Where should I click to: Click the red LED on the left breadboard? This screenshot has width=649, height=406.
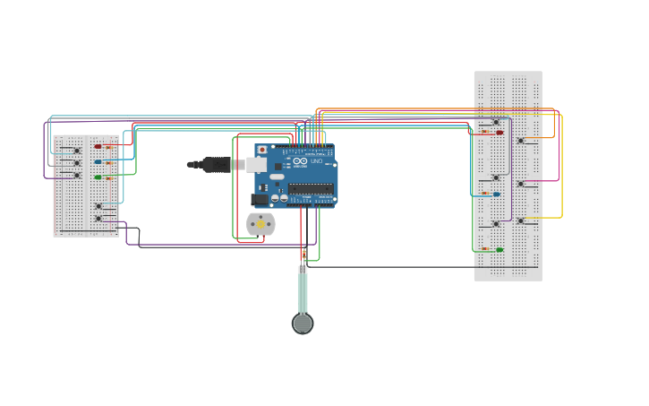click(98, 146)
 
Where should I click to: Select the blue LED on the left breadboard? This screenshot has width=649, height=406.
click(98, 162)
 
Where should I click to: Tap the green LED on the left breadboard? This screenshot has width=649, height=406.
click(98, 177)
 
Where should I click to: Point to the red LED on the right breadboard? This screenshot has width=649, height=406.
click(500, 133)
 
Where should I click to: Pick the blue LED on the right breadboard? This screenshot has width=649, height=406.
click(497, 194)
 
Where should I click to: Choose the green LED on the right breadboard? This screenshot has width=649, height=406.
click(500, 250)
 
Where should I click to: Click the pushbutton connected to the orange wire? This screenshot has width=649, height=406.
click(520, 140)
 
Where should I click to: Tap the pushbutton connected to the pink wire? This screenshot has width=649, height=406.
click(520, 183)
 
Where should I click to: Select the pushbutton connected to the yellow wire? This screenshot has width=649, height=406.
click(520, 220)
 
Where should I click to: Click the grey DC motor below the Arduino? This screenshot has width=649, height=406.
click(260, 224)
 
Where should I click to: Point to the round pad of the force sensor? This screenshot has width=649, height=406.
click(303, 324)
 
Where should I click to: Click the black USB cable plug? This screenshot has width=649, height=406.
click(216, 164)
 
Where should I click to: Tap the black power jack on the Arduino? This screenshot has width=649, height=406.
click(260, 199)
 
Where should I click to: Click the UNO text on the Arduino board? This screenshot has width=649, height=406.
click(316, 161)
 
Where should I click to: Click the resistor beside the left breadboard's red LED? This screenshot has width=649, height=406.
click(110, 147)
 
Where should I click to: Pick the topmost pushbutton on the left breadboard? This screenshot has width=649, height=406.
click(77, 151)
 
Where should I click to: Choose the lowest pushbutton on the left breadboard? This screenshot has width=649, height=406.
click(98, 218)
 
